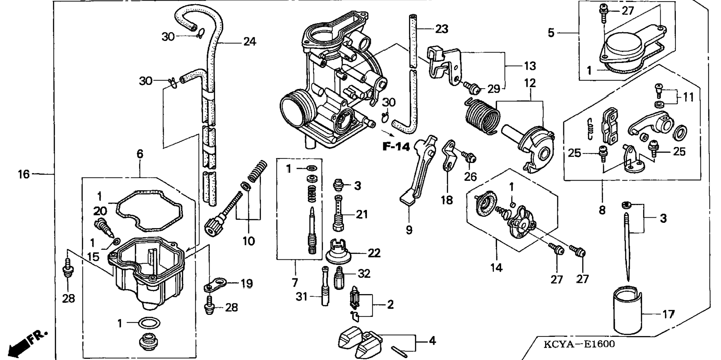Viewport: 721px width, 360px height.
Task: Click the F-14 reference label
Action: click(396, 147)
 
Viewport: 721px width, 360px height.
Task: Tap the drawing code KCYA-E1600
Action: click(579, 344)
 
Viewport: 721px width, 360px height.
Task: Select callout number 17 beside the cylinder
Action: click(668, 314)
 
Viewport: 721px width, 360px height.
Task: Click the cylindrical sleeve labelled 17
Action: click(628, 310)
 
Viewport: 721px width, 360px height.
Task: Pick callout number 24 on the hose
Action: click(249, 41)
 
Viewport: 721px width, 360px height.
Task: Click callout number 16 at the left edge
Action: click(23, 174)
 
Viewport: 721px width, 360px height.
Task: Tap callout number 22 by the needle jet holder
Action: click(374, 253)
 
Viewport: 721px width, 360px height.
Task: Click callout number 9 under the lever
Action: click(409, 230)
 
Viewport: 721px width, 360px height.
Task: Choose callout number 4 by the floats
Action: click(432, 341)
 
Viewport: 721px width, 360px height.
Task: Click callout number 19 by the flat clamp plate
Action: click(246, 284)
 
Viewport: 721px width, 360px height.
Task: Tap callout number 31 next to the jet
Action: click(302, 297)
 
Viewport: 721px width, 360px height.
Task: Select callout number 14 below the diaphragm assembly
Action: click(496, 267)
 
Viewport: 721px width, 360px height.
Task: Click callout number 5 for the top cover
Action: click(551, 33)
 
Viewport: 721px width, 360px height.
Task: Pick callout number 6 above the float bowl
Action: click(140, 154)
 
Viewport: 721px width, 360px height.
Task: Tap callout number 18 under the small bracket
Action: click(447, 200)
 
